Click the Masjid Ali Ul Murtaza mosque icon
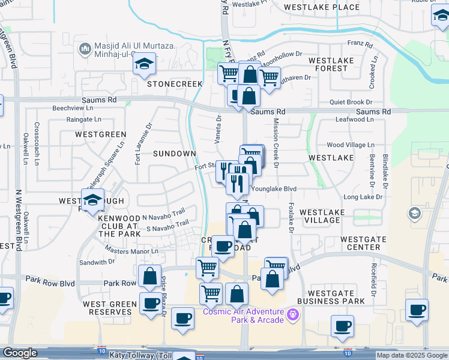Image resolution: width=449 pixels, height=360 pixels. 85,48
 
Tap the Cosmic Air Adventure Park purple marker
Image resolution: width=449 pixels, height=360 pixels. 293,314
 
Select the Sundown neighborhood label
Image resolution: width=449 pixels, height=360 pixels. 175,154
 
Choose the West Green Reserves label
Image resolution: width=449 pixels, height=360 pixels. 110,308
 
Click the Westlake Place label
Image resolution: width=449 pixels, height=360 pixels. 322,8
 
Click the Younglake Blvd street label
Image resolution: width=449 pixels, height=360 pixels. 274,188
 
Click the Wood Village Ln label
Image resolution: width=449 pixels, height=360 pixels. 351,145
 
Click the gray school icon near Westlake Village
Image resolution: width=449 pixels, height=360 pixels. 414,213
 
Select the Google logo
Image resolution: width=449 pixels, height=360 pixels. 20,353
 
